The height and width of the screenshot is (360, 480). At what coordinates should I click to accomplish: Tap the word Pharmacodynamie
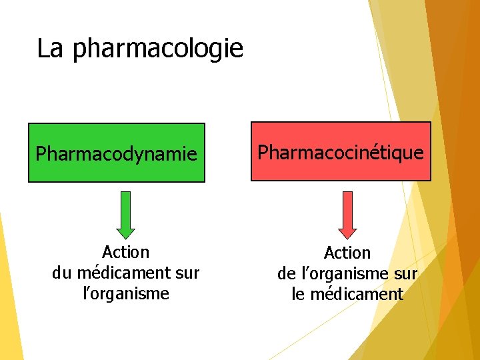[x=116, y=155]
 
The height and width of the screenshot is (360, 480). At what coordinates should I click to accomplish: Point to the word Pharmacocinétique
[x=341, y=153]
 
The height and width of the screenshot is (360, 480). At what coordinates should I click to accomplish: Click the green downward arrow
[x=125, y=215]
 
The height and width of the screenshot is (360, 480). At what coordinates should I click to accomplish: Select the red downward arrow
[x=347, y=215]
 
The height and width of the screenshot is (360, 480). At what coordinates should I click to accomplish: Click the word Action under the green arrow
[x=125, y=252]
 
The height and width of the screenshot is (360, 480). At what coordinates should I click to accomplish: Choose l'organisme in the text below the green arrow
[x=125, y=293]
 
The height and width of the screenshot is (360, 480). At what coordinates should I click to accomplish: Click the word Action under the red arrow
[x=347, y=253]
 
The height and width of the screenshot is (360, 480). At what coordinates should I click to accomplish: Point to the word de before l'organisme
[x=287, y=273]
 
